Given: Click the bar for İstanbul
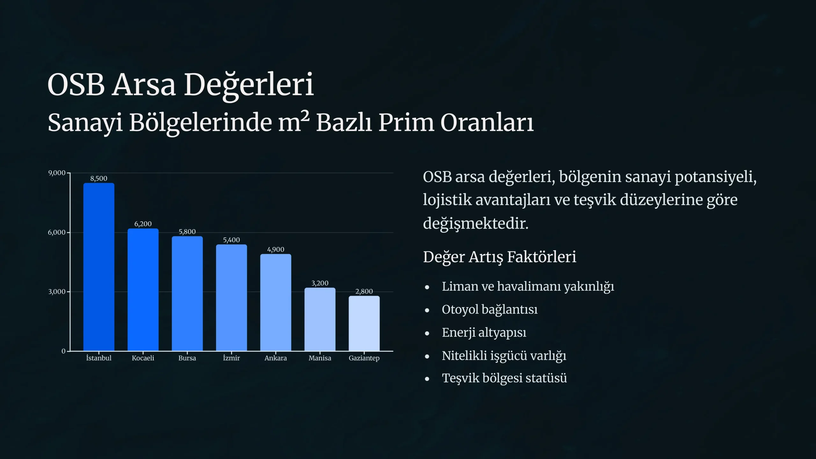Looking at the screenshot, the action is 99,267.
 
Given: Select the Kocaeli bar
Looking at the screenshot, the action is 143,290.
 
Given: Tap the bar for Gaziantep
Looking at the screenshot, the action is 364,323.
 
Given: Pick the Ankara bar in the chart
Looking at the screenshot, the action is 276,302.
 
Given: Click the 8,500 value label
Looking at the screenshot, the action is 99,179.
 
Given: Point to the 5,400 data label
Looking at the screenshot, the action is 231,240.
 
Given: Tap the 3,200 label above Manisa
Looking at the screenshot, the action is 320,283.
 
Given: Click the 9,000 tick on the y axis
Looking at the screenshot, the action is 57,173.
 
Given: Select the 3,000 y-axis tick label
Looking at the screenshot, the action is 57,292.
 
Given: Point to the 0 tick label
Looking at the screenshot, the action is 63,351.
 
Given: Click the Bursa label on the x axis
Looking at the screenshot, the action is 187,358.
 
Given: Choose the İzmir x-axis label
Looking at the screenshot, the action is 231,358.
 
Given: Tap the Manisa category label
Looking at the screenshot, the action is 320,358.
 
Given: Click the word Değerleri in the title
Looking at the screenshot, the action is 249,85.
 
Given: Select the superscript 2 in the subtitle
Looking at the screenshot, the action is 305,116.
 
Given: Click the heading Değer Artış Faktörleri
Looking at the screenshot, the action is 499,257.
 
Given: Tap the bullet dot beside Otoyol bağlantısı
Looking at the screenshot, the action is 427,310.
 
